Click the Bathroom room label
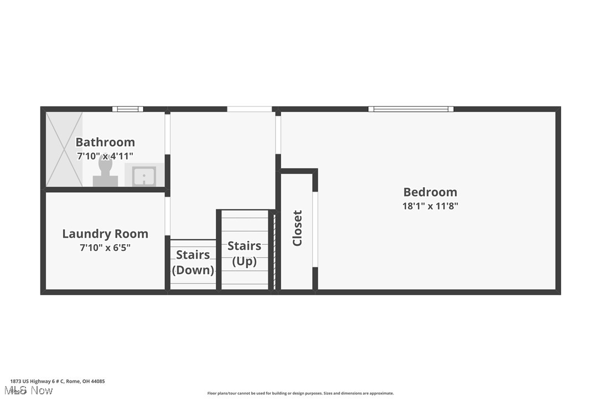[105, 142]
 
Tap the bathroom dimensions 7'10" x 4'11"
[105, 156]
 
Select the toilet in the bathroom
[105, 172]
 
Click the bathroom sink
[144, 176]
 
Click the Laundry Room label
[105, 234]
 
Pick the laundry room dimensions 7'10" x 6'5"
[105, 248]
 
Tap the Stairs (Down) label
[193, 263]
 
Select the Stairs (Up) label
[244, 253]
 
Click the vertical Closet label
[297, 228]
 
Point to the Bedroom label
[430, 192]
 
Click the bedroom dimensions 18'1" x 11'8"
[430, 206]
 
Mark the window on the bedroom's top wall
[411, 109]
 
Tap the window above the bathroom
[127, 109]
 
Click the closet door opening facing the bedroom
[315, 229]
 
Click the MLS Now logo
[31, 391]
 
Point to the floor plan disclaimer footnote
[300, 393]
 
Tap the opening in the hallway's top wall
[249, 109]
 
